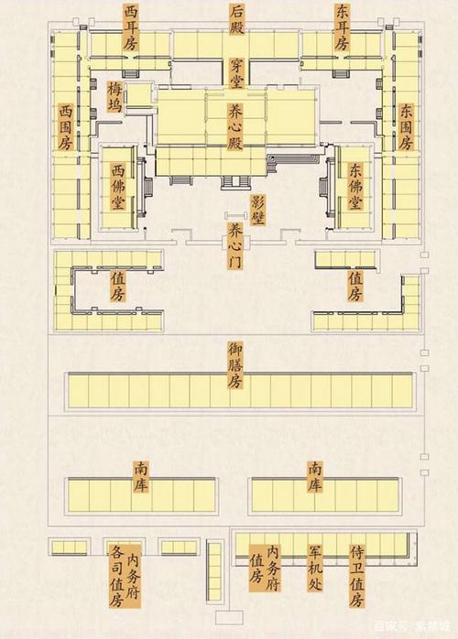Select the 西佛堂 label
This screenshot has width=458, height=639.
pos(118,189)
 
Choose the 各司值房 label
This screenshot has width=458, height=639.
pos(116,577)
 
